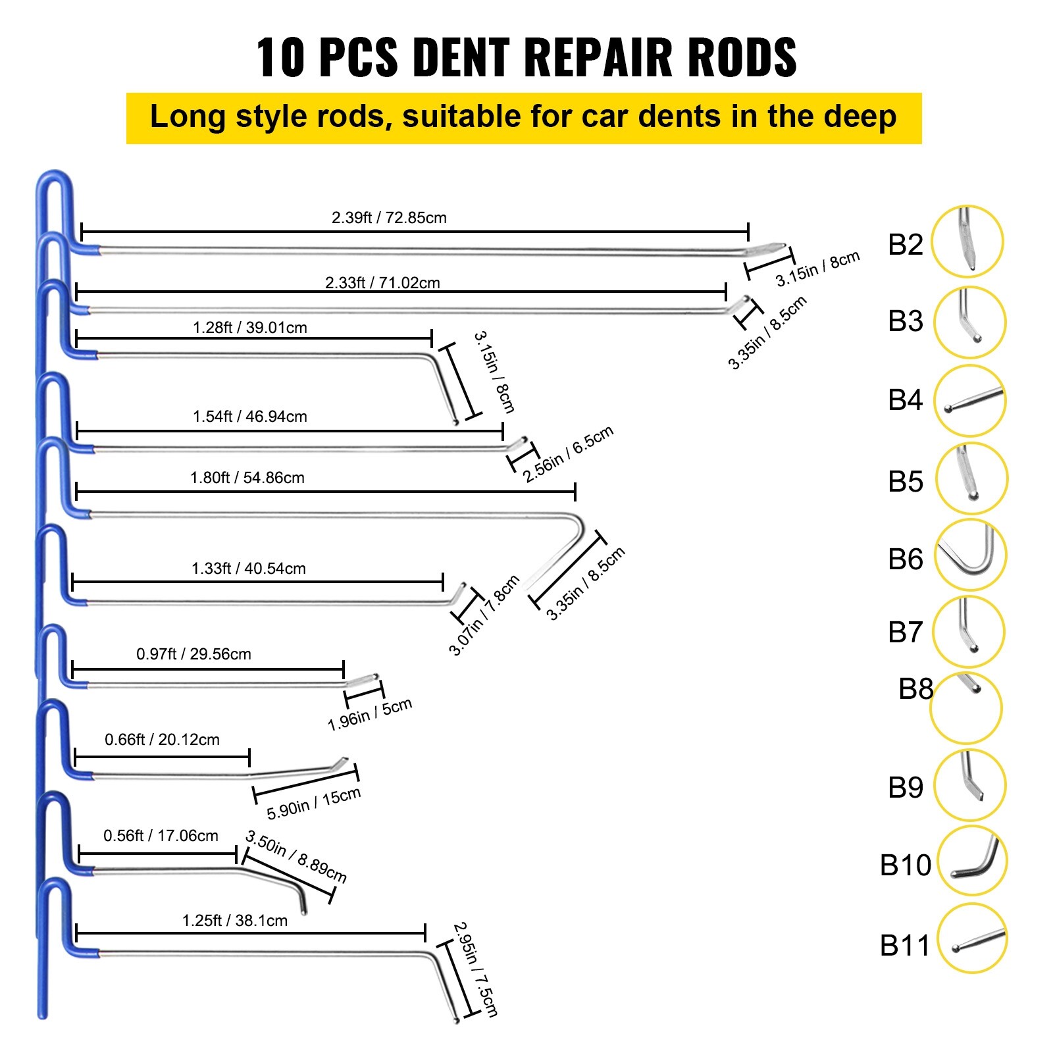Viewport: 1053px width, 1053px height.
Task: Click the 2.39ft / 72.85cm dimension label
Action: coord(389,218)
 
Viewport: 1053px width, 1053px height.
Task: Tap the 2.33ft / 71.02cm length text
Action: coord(382,283)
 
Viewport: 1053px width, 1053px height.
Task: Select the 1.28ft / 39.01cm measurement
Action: coord(250,328)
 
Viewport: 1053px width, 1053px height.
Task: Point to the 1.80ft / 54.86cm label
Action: coord(247,478)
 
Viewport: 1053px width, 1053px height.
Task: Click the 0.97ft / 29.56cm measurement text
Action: coord(193,654)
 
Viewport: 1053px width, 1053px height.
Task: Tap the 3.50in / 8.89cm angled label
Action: coord(295,856)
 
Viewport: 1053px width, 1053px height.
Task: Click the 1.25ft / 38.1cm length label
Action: coord(235,921)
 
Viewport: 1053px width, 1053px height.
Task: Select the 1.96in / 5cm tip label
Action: coord(369,714)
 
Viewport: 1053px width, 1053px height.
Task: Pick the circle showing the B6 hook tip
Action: coord(970,555)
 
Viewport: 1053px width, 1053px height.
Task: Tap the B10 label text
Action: coord(905,865)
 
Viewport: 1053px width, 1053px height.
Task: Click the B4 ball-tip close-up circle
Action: coord(969,401)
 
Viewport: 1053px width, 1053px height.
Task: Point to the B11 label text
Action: coord(905,946)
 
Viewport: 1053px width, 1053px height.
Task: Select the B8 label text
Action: coord(915,689)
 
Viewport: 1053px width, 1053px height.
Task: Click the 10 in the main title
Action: coord(280,57)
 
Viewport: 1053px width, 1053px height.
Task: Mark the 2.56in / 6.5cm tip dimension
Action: coord(568,453)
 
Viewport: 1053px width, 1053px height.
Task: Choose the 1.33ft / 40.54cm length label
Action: coord(249,569)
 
